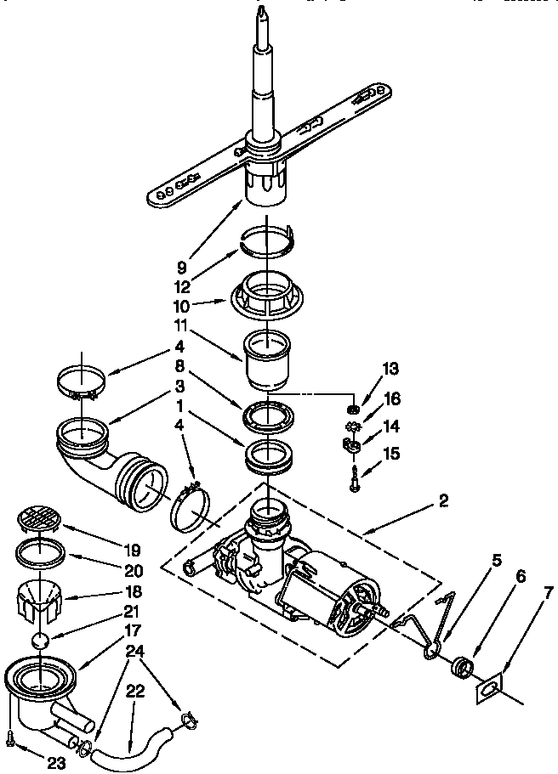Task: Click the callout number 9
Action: point(182,267)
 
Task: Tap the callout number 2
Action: point(443,501)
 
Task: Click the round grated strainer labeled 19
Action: point(38,519)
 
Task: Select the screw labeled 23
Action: point(9,739)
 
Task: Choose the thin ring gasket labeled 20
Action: point(38,553)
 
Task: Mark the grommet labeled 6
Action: point(461,664)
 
